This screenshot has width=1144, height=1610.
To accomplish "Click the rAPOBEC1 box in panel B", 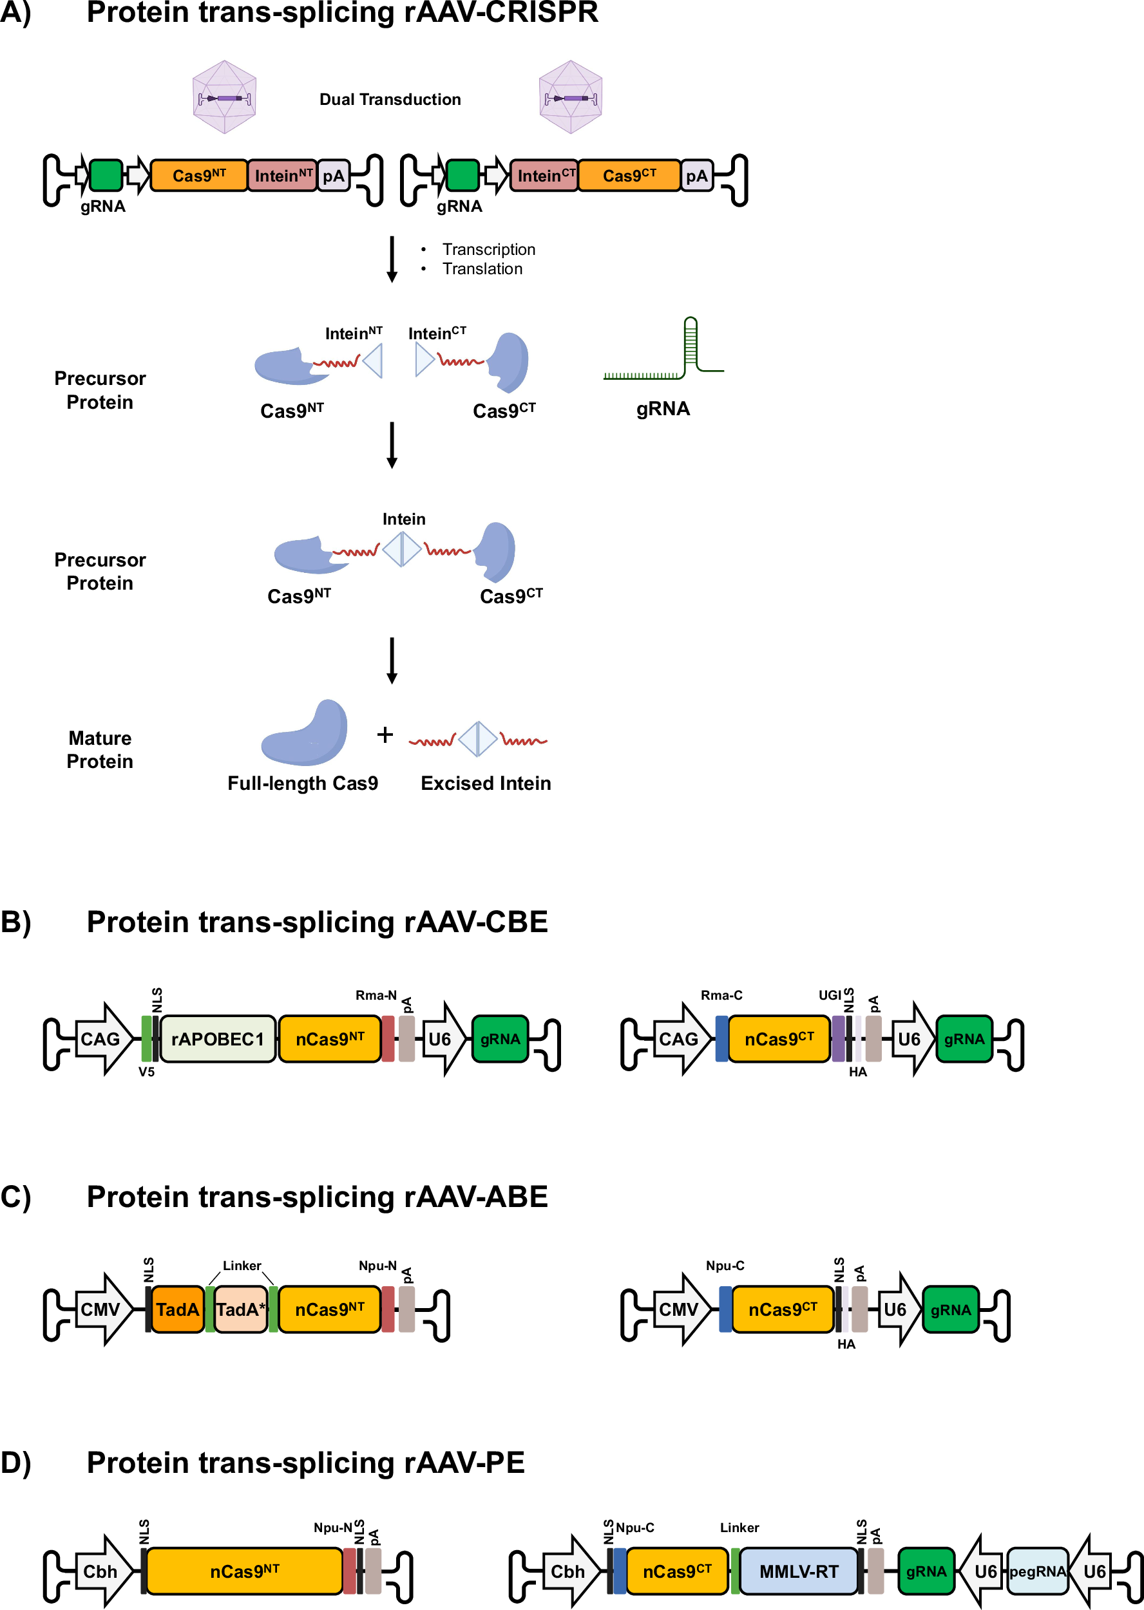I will coord(217,1038).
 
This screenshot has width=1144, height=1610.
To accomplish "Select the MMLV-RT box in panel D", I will coord(798,1571).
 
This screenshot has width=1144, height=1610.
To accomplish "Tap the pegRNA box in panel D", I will coord(1037,1571).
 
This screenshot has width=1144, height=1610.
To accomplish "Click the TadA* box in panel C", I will coord(240,1309).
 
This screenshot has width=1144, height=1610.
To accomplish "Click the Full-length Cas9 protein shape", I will coord(307,734).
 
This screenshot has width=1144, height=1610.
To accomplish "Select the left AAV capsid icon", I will coord(224,97).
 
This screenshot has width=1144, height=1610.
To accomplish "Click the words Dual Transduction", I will coord(390,99).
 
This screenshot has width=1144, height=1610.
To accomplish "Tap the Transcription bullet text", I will coord(488,249).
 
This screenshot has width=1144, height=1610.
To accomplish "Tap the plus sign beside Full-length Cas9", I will coord(385,735).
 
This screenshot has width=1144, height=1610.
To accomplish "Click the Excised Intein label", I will coord(485,783).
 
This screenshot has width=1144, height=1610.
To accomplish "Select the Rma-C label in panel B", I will coord(721,995).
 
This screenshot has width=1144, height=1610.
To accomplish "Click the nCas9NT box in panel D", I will coord(243,1571).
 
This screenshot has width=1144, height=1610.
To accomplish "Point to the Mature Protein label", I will coord(99,749).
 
